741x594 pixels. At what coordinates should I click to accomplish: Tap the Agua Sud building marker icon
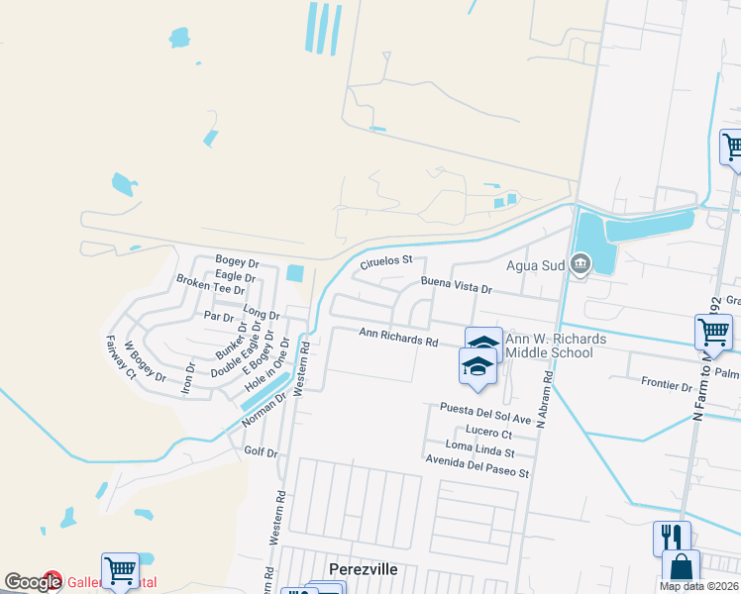581,264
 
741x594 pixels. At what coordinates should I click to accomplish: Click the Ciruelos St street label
385,263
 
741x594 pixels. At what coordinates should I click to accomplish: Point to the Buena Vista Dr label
456,287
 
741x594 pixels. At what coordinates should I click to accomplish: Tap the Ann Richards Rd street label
398,339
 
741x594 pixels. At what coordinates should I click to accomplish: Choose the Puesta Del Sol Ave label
486,414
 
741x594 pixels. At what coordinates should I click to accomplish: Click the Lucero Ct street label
487,434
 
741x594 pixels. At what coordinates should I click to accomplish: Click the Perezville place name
363,569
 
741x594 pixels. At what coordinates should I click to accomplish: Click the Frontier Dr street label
666,384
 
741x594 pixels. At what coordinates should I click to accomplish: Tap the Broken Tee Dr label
210,283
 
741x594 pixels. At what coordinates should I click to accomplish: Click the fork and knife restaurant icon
672,539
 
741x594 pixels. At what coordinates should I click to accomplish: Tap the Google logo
33,582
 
